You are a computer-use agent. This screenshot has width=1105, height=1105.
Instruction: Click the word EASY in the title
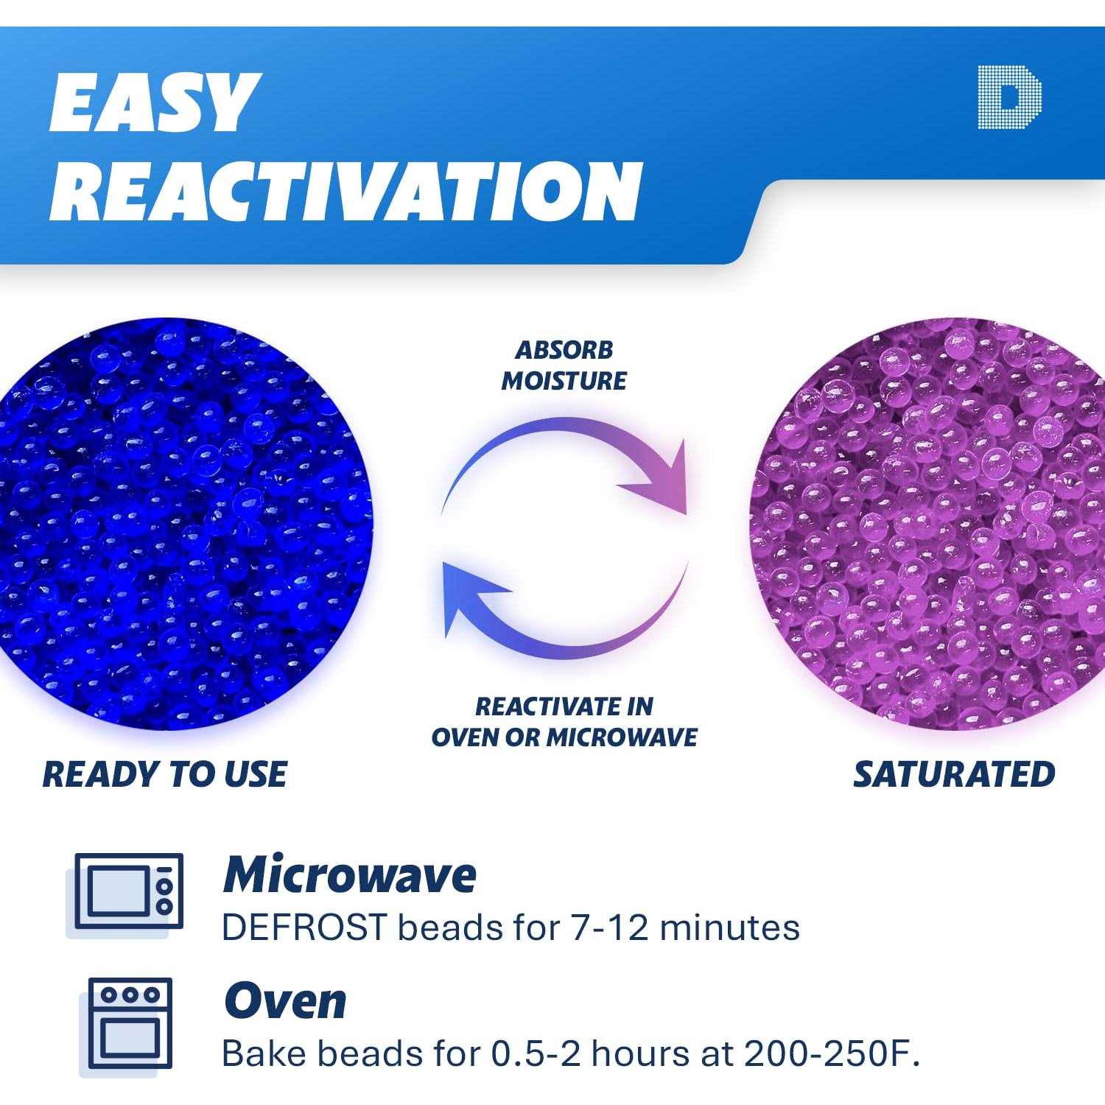tap(155, 102)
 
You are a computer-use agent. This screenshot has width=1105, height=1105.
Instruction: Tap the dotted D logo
tap(1010, 97)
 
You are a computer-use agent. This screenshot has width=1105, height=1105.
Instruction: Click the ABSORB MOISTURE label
tap(564, 365)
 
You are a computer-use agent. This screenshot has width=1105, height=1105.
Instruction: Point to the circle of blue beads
tap(184, 525)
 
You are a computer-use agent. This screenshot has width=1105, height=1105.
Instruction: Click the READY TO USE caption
tap(165, 774)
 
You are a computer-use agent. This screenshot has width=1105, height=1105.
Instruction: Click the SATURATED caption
tap(954, 774)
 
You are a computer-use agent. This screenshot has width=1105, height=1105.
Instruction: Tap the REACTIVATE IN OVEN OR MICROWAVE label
tap(564, 722)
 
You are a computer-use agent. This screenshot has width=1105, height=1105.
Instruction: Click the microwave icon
tap(125, 894)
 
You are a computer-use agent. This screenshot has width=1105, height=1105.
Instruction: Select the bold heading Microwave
tap(350, 875)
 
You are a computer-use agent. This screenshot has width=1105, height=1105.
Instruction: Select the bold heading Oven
tap(285, 1001)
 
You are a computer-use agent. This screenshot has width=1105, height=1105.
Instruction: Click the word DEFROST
tap(304, 927)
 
